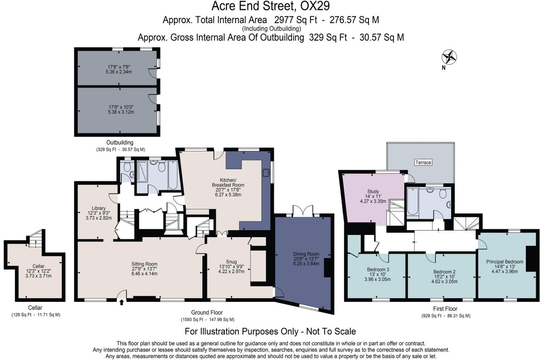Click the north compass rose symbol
click(x=449, y=57)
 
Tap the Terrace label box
click(x=423, y=162)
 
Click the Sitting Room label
click(x=144, y=264)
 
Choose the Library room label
click(x=99, y=208)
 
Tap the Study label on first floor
click(x=373, y=191)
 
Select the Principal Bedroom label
click(x=504, y=262)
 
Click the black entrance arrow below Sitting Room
click(x=121, y=303)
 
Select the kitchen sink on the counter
click(x=266, y=172)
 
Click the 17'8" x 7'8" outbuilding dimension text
click(x=119, y=67)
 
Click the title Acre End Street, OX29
click(x=270, y=6)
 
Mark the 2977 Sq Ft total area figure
click(x=296, y=20)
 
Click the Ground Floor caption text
click(x=207, y=313)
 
